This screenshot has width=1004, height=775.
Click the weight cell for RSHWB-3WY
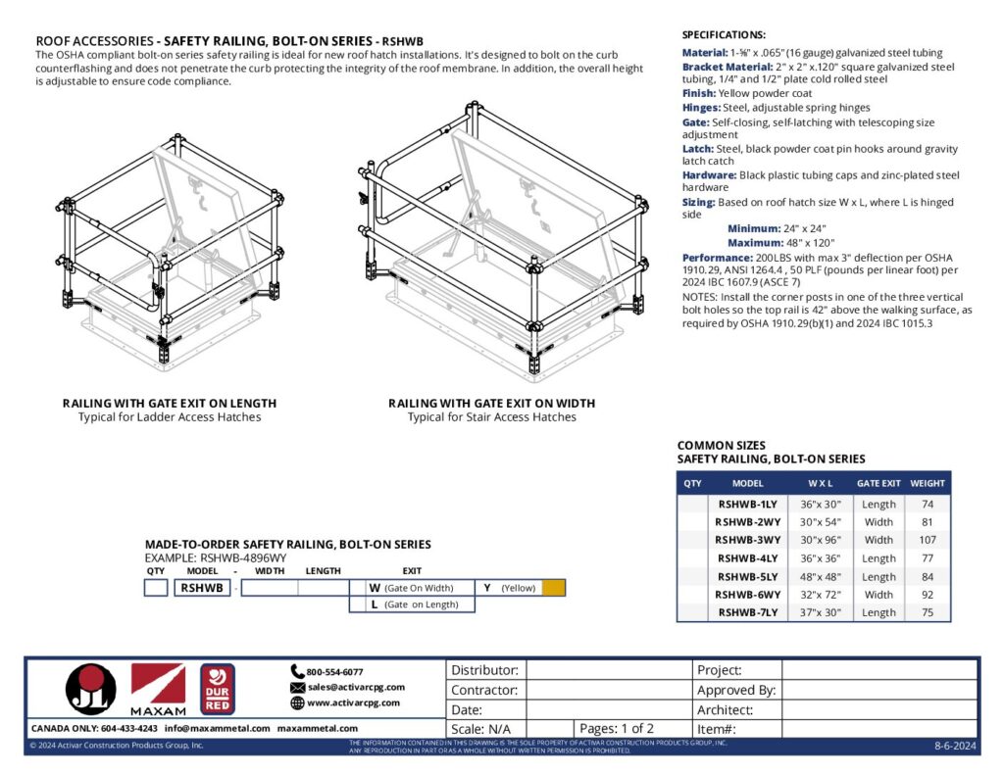pyautogui.click(x=928, y=540)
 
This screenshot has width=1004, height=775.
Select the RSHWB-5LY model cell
pyautogui.click(x=748, y=576)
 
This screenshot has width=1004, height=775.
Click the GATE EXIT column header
pyautogui.click(x=878, y=483)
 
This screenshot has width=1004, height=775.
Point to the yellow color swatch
pyautogui.click(x=554, y=588)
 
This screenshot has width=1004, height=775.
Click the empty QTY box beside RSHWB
pyautogui.click(x=155, y=588)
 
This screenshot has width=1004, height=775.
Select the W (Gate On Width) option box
pyautogui.click(x=412, y=588)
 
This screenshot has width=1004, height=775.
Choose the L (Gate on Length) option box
pyautogui.click(x=412, y=605)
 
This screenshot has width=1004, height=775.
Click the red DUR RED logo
pyautogui.click(x=217, y=689)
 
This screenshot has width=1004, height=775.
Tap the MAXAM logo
pyautogui.click(x=158, y=690)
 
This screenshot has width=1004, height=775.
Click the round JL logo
pyautogui.click(x=90, y=690)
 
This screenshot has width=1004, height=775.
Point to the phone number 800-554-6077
pyautogui.click(x=334, y=672)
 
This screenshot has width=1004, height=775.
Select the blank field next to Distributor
pyautogui.click(x=608, y=670)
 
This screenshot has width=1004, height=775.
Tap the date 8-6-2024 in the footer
pyautogui.click(x=955, y=747)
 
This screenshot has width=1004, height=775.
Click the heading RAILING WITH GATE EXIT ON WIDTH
pyautogui.click(x=491, y=404)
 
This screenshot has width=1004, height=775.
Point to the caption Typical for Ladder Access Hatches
pyautogui.click(x=169, y=417)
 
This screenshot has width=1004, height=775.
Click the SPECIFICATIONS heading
pyautogui.click(x=724, y=34)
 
